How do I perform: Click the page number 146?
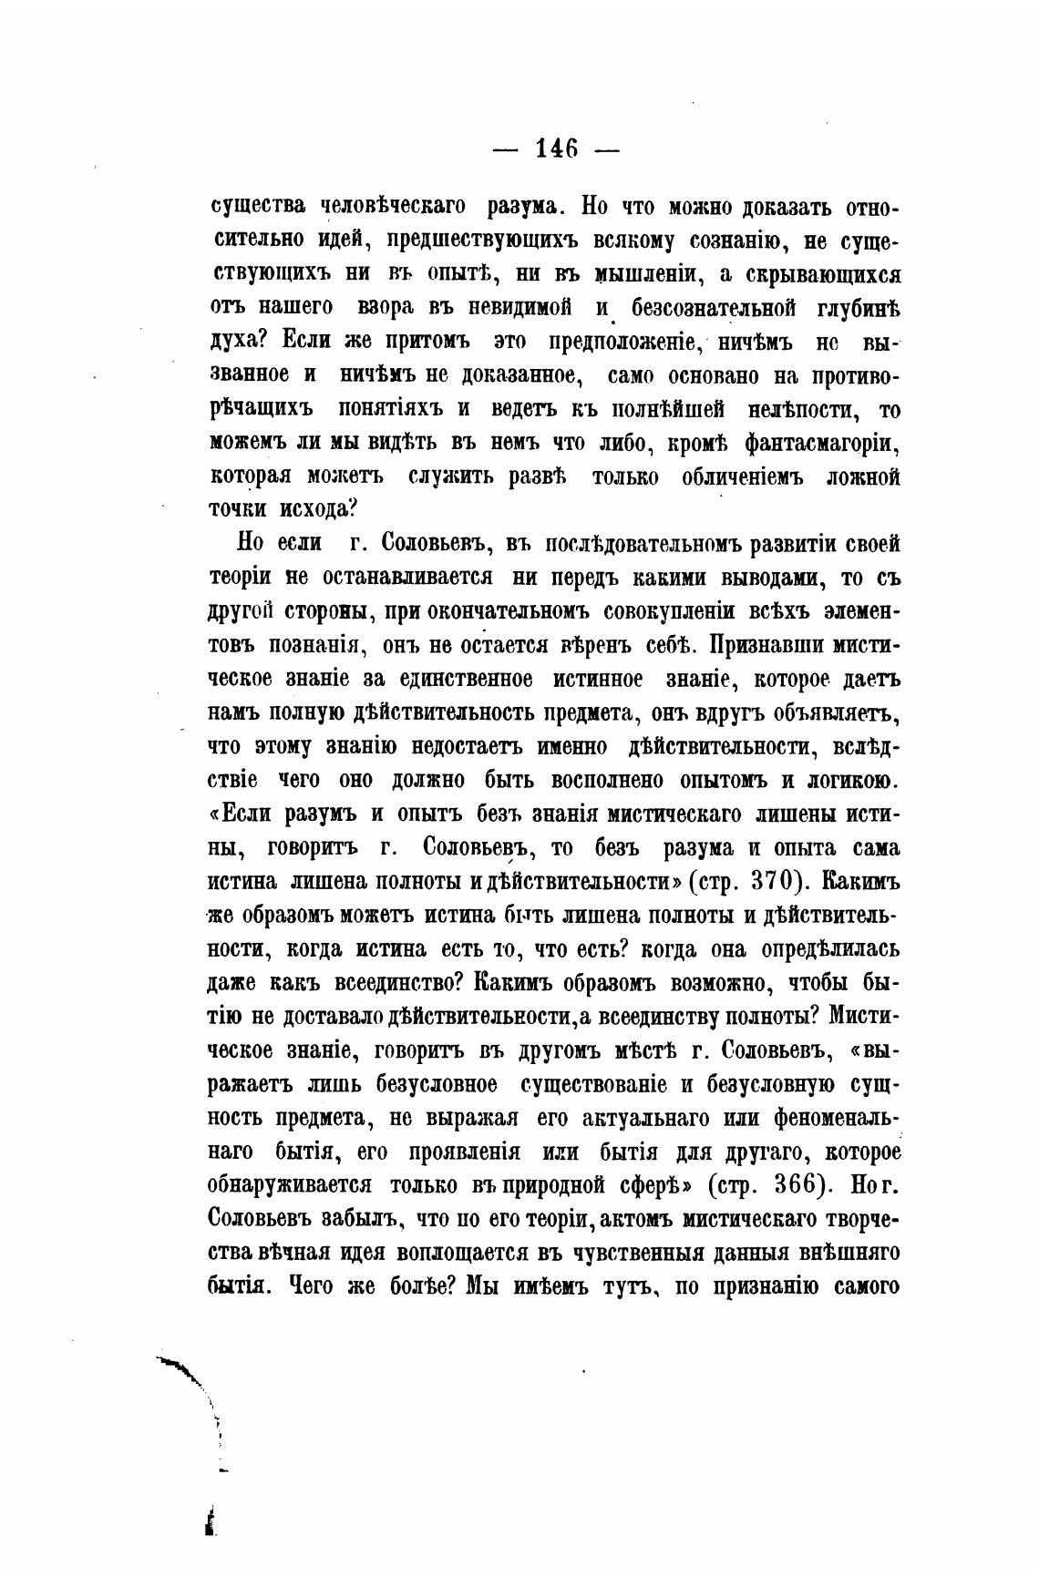(x=556, y=148)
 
